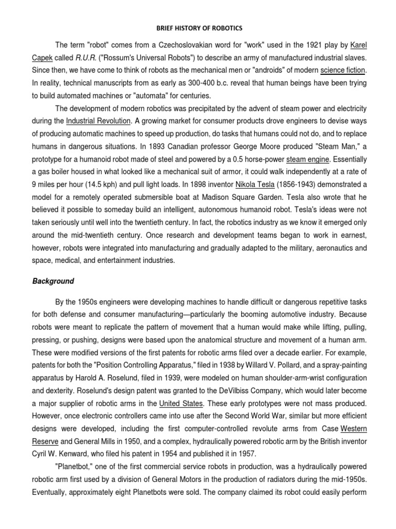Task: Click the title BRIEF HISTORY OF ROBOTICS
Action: [x=198, y=28]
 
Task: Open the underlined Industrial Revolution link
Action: [x=98, y=121]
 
